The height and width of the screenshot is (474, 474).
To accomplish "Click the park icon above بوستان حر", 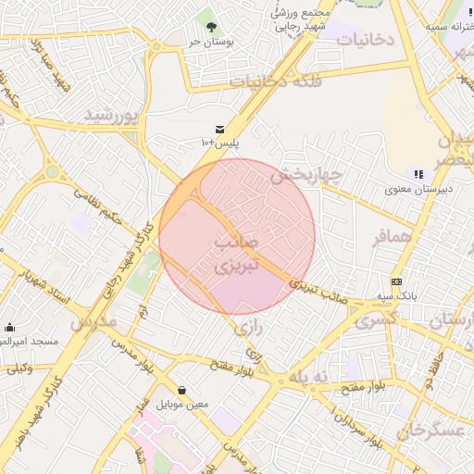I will click(211, 27).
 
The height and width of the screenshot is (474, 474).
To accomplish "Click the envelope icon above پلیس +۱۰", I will click(219, 129).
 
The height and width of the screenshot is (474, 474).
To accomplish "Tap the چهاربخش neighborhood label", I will click(306, 174).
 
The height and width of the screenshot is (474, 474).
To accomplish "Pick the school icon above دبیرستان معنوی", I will click(418, 174).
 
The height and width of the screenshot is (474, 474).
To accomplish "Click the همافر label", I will click(392, 237).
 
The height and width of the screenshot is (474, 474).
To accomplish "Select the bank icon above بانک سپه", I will click(397, 281).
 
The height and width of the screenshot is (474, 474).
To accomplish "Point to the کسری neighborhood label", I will click(376, 317).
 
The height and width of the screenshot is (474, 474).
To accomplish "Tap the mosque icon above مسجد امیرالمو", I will click(10, 327).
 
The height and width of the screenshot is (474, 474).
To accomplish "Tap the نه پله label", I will click(309, 376).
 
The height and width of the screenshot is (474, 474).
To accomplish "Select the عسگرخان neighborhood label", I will click(429, 431).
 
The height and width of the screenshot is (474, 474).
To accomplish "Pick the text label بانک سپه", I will click(397, 295).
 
